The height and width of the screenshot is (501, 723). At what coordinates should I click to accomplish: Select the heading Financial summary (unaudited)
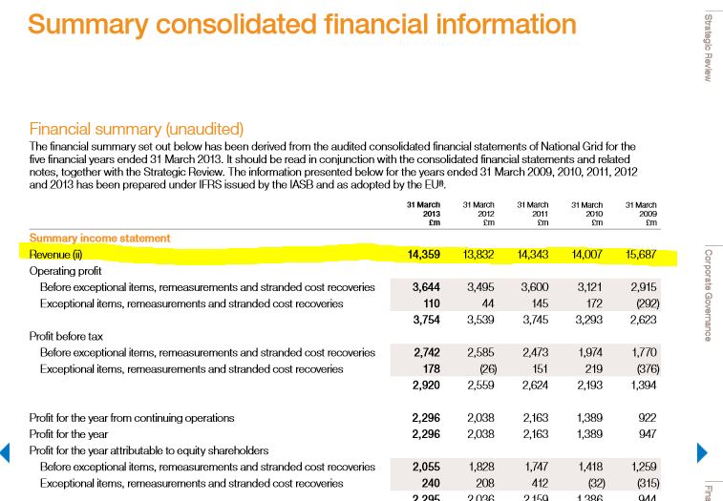[x=137, y=128]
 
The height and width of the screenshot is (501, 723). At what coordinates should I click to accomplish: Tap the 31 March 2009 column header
[x=640, y=214]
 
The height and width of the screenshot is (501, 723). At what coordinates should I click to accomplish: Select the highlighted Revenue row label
[x=56, y=255]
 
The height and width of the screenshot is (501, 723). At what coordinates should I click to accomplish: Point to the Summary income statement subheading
[x=100, y=238]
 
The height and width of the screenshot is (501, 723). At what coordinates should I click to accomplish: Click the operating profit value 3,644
[x=425, y=287]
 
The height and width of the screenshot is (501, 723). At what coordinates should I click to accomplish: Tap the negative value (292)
[x=643, y=303]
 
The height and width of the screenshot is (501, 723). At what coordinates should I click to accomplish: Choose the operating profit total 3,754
[x=425, y=320]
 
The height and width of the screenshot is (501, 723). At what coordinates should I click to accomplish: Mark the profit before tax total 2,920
[x=425, y=386]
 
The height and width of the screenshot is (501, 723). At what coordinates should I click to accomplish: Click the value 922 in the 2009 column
[x=646, y=418]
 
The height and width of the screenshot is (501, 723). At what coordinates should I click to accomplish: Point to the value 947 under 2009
[x=646, y=434]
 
